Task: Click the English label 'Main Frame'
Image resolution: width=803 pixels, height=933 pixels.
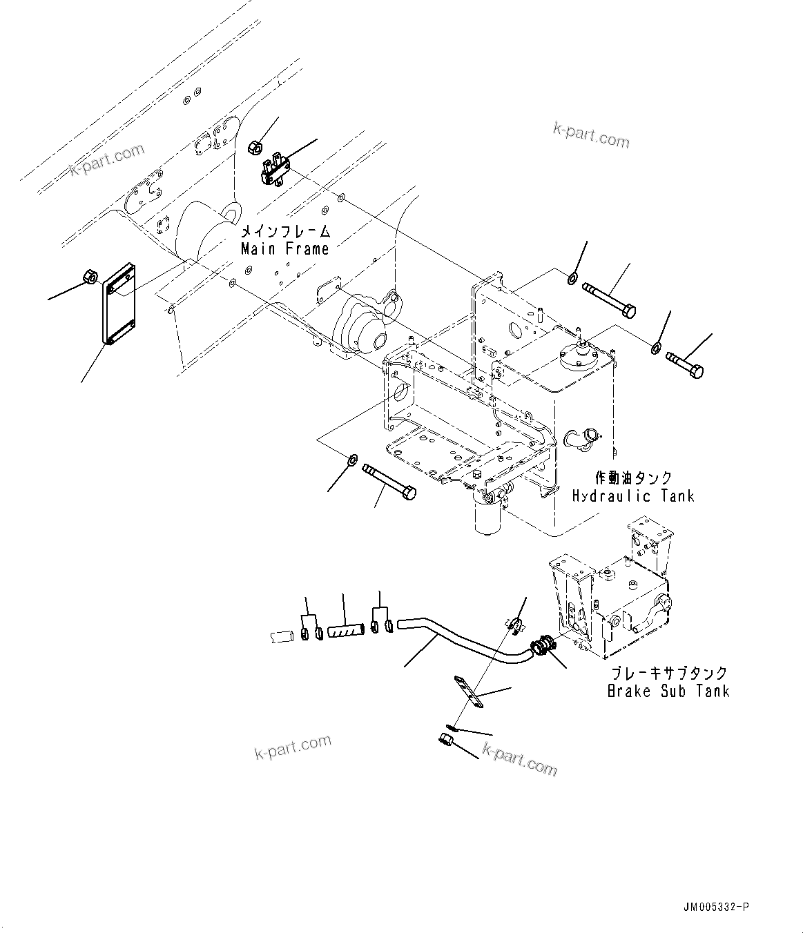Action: tap(284, 249)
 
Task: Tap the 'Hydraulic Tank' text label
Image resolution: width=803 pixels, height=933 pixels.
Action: tap(633, 495)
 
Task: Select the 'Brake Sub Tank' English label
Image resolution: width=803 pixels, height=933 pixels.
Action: tap(668, 691)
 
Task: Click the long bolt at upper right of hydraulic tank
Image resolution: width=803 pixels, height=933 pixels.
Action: tap(610, 300)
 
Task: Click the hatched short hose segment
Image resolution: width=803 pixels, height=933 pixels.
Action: tap(345, 630)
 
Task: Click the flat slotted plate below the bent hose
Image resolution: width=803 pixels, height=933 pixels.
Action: tap(467, 692)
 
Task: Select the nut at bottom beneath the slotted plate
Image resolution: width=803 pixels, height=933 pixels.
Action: tap(445, 740)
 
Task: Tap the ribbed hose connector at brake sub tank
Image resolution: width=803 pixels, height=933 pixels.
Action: tap(541, 647)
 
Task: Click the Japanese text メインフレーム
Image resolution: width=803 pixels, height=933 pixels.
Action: tap(284, 231)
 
